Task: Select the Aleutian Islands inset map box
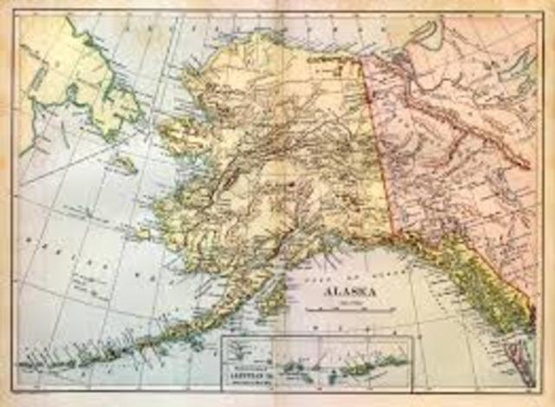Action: point(317,361)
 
